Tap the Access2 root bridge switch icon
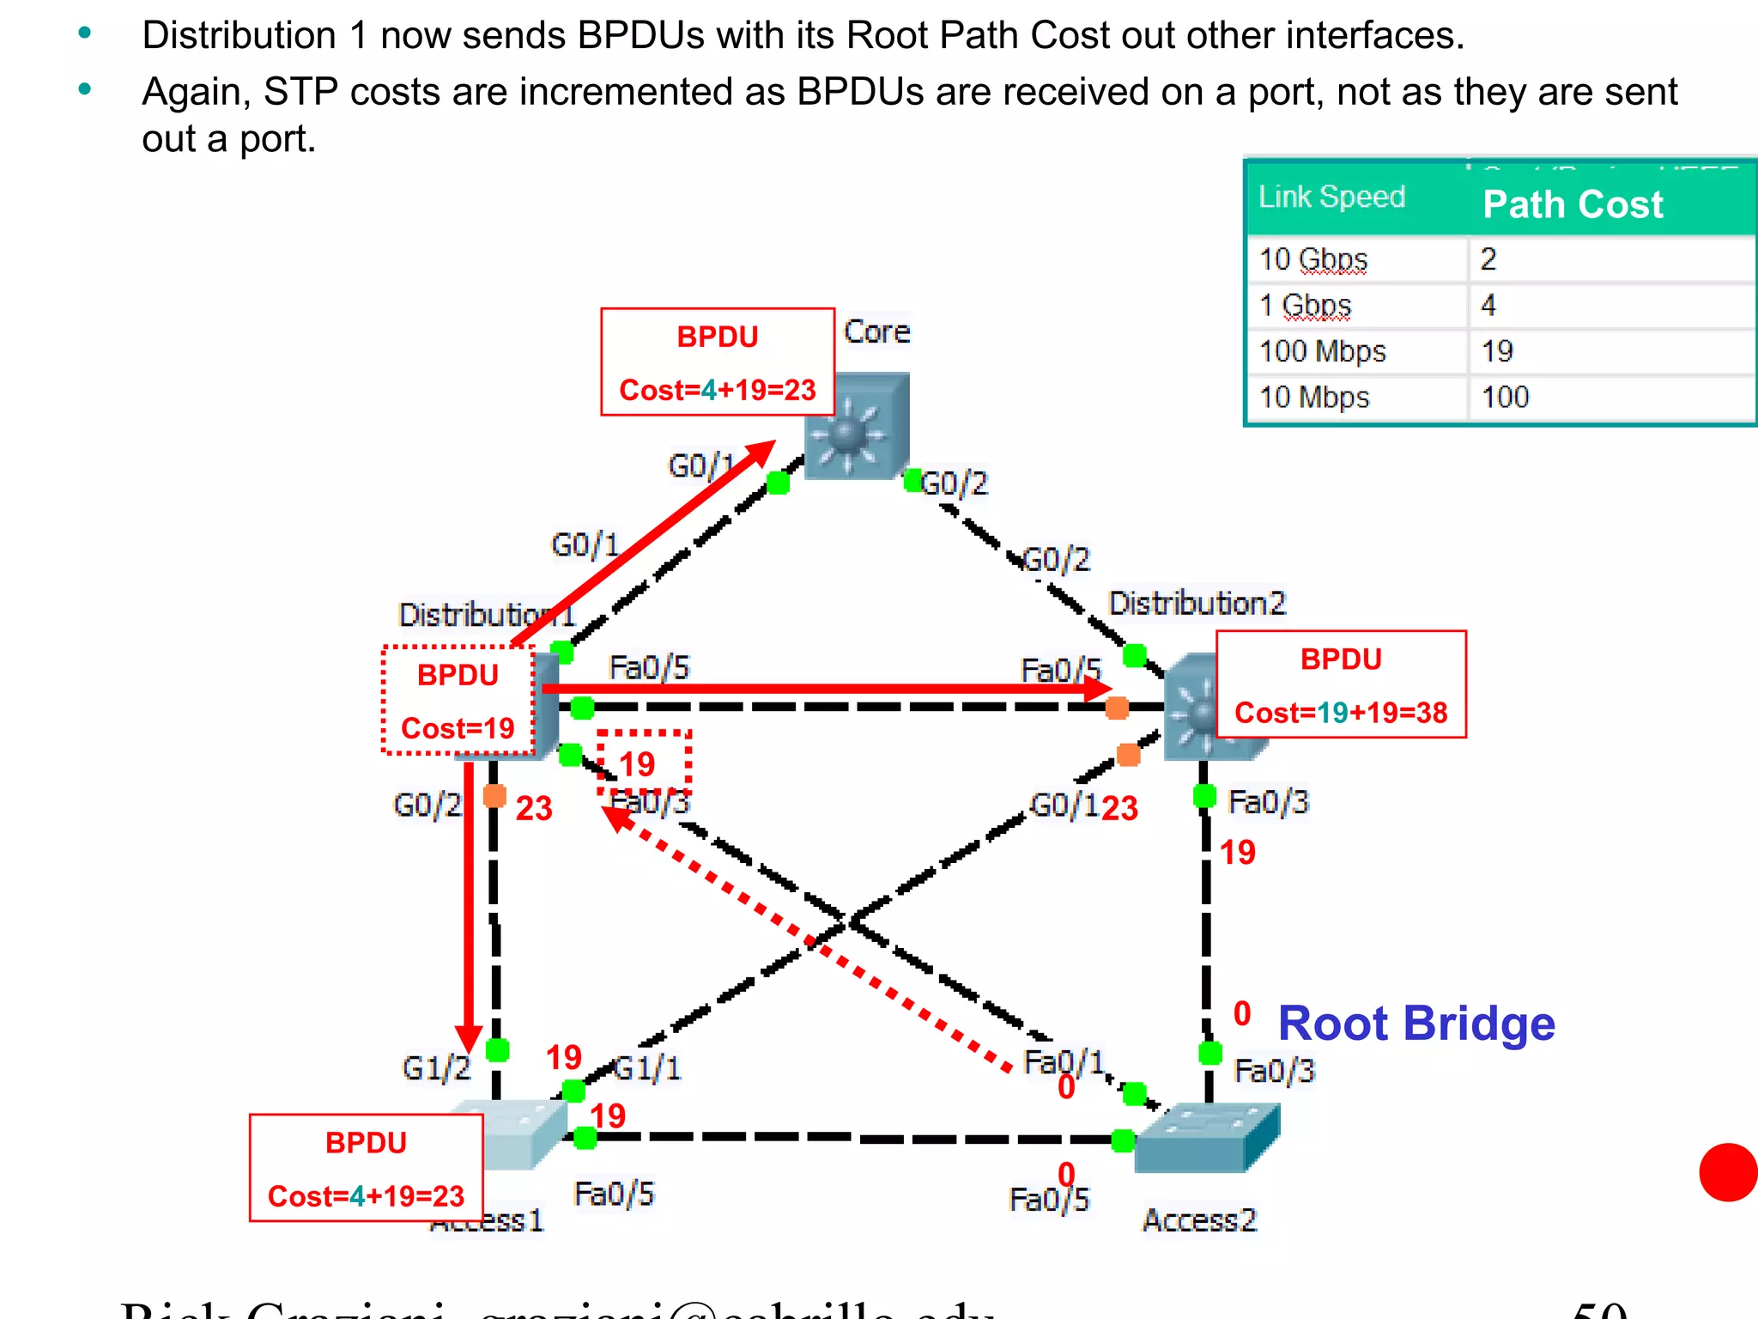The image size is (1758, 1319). (1205, 1139)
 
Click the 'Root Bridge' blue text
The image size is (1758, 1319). (1416, 1024)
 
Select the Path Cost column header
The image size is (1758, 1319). (1573, 204)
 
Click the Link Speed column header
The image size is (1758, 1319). (1331, 197)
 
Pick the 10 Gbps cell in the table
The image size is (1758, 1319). (1313, 259)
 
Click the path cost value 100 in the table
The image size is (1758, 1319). (1505, 398)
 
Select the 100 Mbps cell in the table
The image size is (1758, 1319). (1322, 351)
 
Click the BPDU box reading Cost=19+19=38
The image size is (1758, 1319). (1341, 685)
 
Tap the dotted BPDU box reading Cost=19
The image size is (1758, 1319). (458, 701)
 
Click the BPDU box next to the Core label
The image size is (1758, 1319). (718, 362)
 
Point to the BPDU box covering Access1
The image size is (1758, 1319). (366, 1168)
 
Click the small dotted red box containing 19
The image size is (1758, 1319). (644, 763)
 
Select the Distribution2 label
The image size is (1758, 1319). (1197, 604)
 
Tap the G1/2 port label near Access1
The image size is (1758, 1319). (436, 1068)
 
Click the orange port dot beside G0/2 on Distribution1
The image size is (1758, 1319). (494, 796)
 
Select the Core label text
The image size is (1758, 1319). (876, 332)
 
